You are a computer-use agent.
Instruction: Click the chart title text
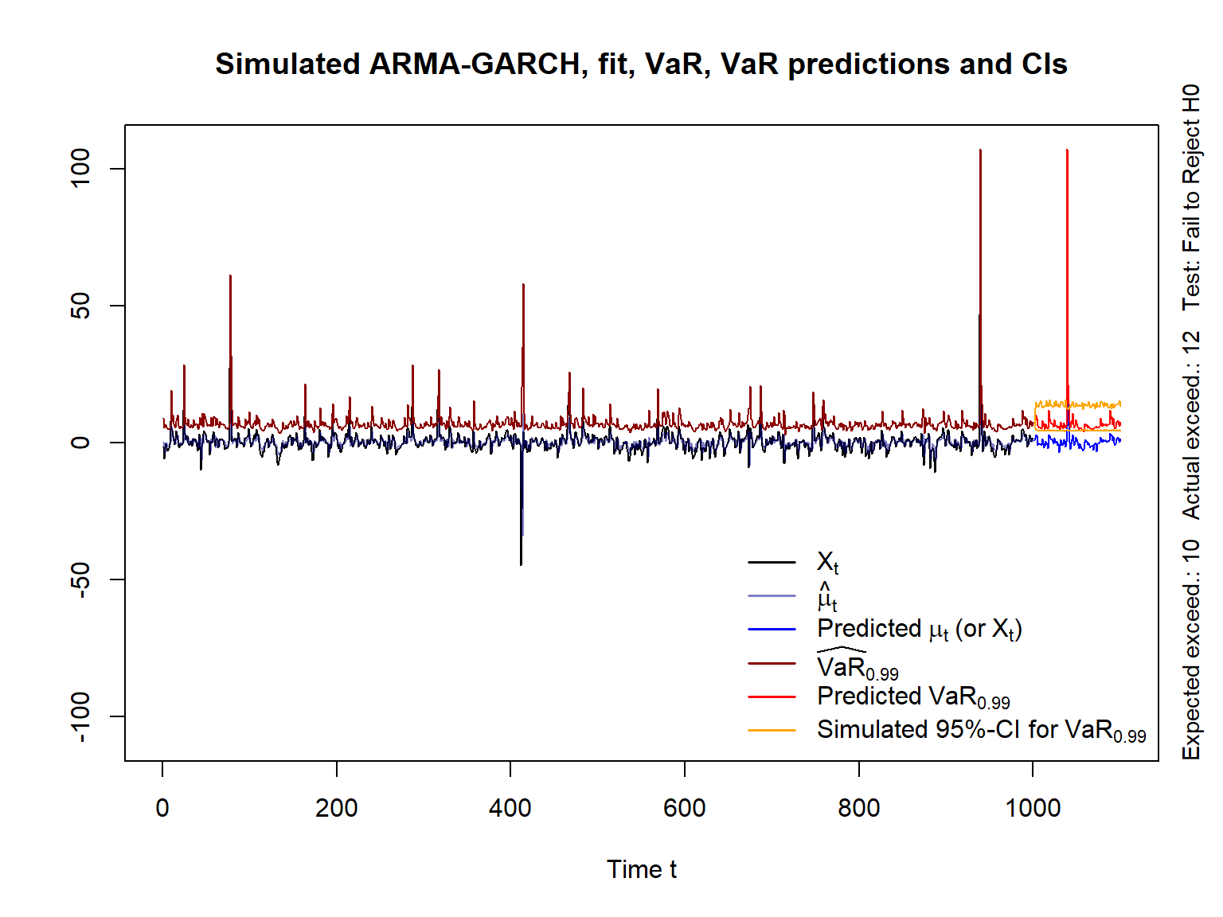tap(641, 64)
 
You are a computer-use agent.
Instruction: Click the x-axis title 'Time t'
tap(641, 869)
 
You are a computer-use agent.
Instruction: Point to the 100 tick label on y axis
tap(80, 169)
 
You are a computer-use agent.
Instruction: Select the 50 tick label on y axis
tap(80, 306)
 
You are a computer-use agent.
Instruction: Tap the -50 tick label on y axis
tap(80, 579)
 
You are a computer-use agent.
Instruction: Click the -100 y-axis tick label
tap(80, 716)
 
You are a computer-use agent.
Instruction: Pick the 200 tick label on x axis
tap(336, 808)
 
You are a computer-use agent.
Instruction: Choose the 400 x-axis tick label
tap(510, 808)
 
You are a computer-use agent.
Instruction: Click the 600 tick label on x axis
tap(685, 808)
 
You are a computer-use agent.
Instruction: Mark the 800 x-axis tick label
tap(858, 808)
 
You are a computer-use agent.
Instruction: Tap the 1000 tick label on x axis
tap(1033, 808)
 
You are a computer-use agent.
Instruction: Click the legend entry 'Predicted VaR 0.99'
tap(912, 697)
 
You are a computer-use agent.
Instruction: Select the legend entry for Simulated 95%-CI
tap(981, 730)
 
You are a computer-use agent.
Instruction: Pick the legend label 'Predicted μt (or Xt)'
tap(919, 629)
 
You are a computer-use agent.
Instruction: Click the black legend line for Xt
tap(772, 563)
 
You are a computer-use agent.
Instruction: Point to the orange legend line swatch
tap(772, 730)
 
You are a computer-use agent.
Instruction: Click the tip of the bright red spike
tap(1067, 150)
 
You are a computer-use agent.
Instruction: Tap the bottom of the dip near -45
tap(521, 564)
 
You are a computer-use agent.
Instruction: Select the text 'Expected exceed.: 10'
tap(1191, 649)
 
